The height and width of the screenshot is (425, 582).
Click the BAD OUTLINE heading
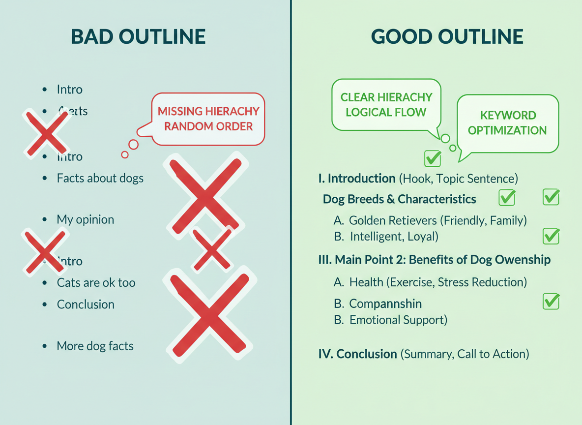(138, 37)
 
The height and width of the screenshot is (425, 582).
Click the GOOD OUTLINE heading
(447, 37)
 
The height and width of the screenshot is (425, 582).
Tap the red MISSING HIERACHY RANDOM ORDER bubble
(208, 119)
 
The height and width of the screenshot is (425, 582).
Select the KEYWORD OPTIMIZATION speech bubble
(507, 122)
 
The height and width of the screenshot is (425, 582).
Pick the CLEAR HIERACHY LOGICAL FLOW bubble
(386, 104)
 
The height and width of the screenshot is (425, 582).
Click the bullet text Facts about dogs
(100, 178)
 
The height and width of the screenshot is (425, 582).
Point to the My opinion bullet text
(86, 219)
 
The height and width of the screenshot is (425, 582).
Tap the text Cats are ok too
(96, 283)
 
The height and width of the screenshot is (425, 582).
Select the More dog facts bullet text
(95, 346)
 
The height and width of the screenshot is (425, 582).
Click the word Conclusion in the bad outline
(86, 304)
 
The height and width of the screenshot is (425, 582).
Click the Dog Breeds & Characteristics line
(399, 199)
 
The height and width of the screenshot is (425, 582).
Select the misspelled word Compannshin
(385, 304)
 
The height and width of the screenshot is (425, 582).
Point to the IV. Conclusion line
(424, 354)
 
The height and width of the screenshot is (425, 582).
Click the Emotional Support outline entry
(398, 320)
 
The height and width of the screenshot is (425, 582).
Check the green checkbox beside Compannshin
(551, 301)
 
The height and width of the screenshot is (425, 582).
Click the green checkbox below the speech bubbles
(433, 158)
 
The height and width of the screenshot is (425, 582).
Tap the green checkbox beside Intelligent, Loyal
(551, 236)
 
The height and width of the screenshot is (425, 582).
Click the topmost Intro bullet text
(70, 90)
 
